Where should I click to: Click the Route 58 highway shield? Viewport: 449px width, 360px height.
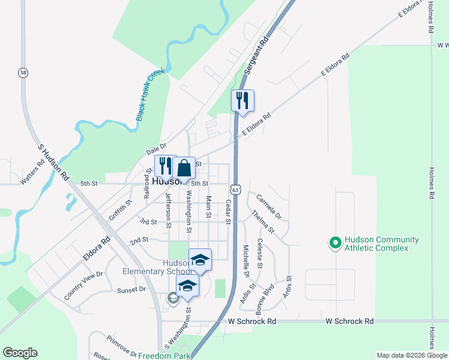pos(23,72)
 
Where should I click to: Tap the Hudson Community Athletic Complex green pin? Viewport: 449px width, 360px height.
pos(334,243)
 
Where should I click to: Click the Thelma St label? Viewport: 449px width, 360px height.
pos(263,221)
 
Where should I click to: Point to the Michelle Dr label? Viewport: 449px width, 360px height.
pos(246,260)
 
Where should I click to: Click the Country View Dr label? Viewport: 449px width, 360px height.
pos(83,286)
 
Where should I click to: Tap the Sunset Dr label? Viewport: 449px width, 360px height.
pos(131,289)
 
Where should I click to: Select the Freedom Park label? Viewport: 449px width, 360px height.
pos(164,356)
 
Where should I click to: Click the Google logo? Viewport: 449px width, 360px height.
pos(20,353)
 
